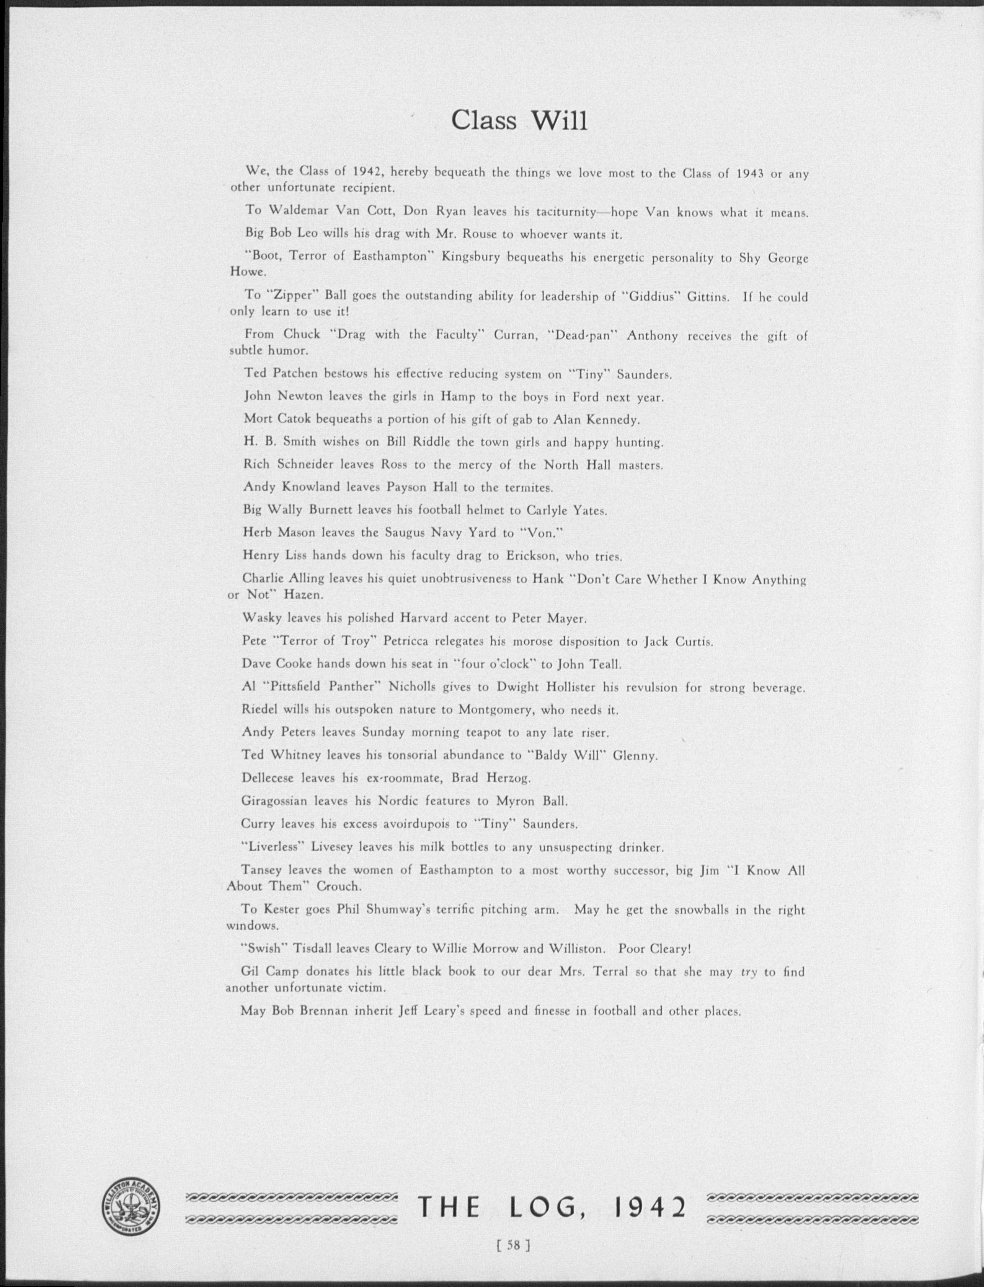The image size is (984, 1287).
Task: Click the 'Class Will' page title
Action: pyautogui.click(x=519, y=121)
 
